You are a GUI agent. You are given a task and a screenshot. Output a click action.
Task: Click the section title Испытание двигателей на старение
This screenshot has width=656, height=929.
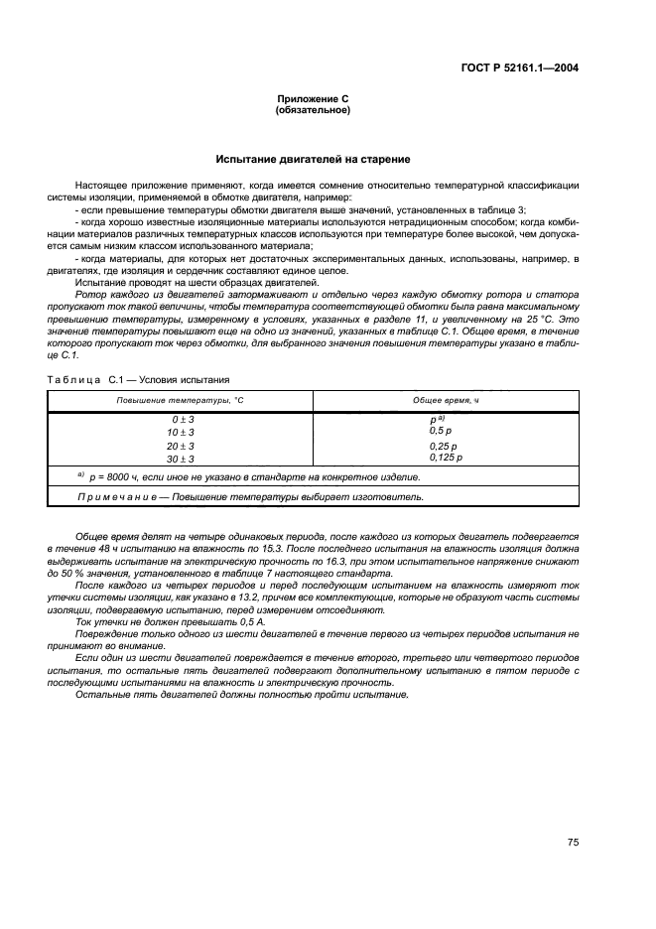click(313, 159)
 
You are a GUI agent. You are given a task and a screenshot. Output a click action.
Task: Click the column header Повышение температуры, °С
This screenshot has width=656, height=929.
click(180, 400)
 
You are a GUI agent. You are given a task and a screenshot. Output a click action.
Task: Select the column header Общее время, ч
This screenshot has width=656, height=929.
click(446, 400)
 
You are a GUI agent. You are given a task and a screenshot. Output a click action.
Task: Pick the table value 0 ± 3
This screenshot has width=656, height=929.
click(182, 420)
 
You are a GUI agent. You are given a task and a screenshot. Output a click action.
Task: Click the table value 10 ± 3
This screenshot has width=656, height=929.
click(182, 433)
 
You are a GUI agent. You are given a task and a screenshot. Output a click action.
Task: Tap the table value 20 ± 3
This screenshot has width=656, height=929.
click(182, 447)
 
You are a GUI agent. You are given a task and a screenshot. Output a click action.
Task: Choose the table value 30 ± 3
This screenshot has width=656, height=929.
click(182, 460)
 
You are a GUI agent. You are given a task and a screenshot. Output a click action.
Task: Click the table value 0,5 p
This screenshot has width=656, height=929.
click(440, 431)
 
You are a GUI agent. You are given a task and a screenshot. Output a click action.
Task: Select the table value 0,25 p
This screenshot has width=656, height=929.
click(443, 446)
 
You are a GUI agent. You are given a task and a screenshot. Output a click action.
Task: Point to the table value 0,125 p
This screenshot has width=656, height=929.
click(446, 458)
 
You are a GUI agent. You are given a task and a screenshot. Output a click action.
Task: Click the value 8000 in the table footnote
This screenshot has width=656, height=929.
click(114, 477)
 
